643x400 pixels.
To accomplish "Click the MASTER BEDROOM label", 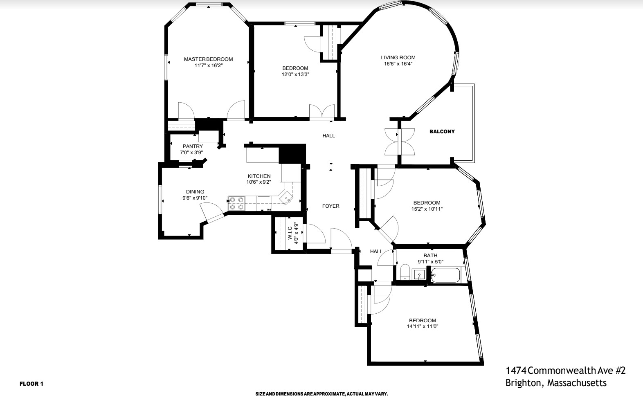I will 208,59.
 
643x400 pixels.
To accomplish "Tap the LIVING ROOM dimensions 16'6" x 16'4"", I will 398,64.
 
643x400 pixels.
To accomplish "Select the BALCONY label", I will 442,132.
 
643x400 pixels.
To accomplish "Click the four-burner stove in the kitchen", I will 236,203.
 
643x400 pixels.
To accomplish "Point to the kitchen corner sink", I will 288,199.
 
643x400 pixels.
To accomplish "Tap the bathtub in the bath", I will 446,275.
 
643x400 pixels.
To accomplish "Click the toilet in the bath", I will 405,272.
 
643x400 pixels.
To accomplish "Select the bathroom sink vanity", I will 419,275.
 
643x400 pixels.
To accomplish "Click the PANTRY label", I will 193,146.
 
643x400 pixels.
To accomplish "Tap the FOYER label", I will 330,206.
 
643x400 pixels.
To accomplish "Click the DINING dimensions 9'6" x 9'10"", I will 195,198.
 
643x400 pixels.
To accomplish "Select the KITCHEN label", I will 259,176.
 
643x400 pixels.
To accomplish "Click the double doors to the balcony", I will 400,142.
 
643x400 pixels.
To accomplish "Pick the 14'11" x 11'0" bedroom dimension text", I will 423,326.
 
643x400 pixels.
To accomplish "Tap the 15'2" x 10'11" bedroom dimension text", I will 427,209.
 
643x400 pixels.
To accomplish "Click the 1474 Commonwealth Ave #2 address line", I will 565,371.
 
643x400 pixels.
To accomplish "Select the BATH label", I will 430,256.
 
